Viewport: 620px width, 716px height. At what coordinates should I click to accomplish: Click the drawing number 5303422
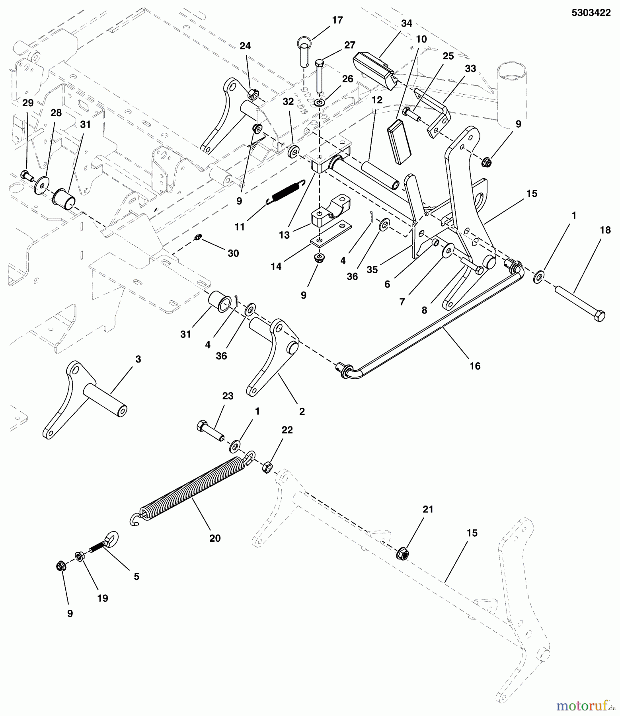pyautogui.click(x=591, y=13)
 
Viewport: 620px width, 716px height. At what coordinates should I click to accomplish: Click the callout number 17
pyautogui.click(x=337, y=20)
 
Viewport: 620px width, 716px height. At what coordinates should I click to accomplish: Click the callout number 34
pyautogui.click(x=406, y=23)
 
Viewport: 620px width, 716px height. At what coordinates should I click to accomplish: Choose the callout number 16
pyautogui.click(x=475, y=366)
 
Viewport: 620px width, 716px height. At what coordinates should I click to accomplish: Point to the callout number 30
pyautogui.click(x=233, y=253)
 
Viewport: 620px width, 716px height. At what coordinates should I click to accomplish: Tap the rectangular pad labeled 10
pyautogui.click(x=398, y=141)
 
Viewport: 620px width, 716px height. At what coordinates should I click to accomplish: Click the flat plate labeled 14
pyautogui.click(x=330, y=234)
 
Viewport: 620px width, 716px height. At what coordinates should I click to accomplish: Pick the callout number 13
pyautogui.click(x=284, y=235)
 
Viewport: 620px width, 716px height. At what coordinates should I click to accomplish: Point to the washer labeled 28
pyautogui.click(x=40, y=184)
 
